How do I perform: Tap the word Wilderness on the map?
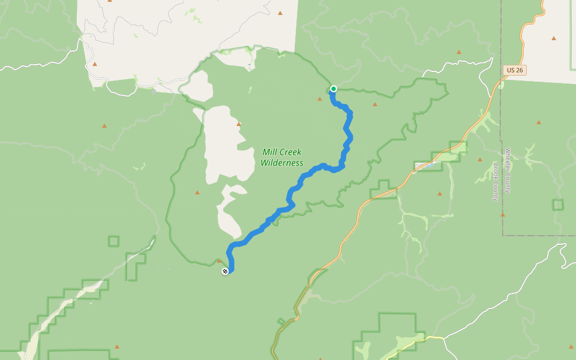281,163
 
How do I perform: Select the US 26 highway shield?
514,70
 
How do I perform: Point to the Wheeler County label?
508,170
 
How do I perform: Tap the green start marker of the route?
334,89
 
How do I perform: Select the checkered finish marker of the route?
225,271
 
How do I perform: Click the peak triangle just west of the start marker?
320,98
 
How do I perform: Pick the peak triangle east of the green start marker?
375,104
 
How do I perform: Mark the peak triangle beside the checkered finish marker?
219,261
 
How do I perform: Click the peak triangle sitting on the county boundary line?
502,214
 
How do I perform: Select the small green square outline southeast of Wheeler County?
558,205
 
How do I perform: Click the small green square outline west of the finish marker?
113,241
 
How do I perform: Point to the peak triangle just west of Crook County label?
480,160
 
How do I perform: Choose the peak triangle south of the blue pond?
440,194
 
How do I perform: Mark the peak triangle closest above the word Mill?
239,124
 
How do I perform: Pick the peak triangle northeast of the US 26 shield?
554,38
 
